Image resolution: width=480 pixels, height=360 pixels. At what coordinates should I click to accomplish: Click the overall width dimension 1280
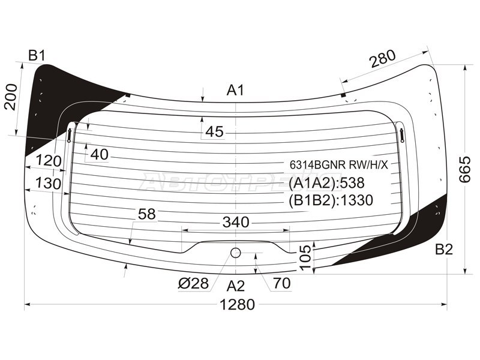coord(237,305)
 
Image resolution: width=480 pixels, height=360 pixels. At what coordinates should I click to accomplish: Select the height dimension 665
coord(464,169)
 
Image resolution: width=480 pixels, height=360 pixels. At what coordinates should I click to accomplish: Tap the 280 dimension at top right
coord(383,58)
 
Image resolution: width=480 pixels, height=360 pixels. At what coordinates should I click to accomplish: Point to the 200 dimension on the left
coord(11,97)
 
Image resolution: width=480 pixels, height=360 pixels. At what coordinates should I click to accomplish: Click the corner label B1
coord(37,56)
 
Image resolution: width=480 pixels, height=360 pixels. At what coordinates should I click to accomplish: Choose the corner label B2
coord(444,250)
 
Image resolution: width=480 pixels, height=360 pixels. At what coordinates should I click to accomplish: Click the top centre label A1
coord(235,91)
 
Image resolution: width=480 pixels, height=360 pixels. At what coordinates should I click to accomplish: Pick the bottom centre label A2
coord(236,286)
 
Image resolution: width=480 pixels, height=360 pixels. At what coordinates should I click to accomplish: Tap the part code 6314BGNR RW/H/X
coord(339,165)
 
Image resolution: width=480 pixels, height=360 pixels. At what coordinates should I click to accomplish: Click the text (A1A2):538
coord(326,183)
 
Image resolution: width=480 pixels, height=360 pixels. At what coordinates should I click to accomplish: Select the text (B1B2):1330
coord(331,200)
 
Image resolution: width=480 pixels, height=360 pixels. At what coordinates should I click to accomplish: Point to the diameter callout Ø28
coord(193,283)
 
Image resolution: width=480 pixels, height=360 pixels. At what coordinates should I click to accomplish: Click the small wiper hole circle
coord(235,253)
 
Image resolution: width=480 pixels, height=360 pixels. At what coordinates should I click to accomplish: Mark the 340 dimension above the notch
coord(236,222)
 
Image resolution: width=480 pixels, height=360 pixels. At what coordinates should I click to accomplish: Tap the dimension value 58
coord(147,214)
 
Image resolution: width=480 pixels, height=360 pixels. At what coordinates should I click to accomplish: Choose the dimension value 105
coord(305,257)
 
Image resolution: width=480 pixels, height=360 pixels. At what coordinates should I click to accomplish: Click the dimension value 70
coord(282,283)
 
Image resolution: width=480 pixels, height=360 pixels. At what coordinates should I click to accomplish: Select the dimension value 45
coord(215,131)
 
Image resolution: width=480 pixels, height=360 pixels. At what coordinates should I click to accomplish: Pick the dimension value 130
coord(49,184)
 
